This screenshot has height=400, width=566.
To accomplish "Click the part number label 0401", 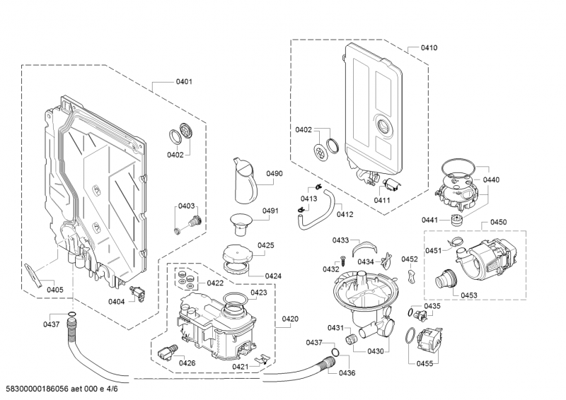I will [184, 82].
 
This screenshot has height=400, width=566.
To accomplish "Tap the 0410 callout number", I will [429, 48].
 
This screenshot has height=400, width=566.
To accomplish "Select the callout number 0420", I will [289, 319].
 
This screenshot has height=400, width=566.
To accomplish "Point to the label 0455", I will [444, 363].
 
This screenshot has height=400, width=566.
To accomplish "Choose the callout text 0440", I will [491, 180].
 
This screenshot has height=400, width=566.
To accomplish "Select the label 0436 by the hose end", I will [347, 372].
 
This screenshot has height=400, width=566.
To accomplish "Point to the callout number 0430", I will [375, 351].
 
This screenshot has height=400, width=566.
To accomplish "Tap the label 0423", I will [258, 293].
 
